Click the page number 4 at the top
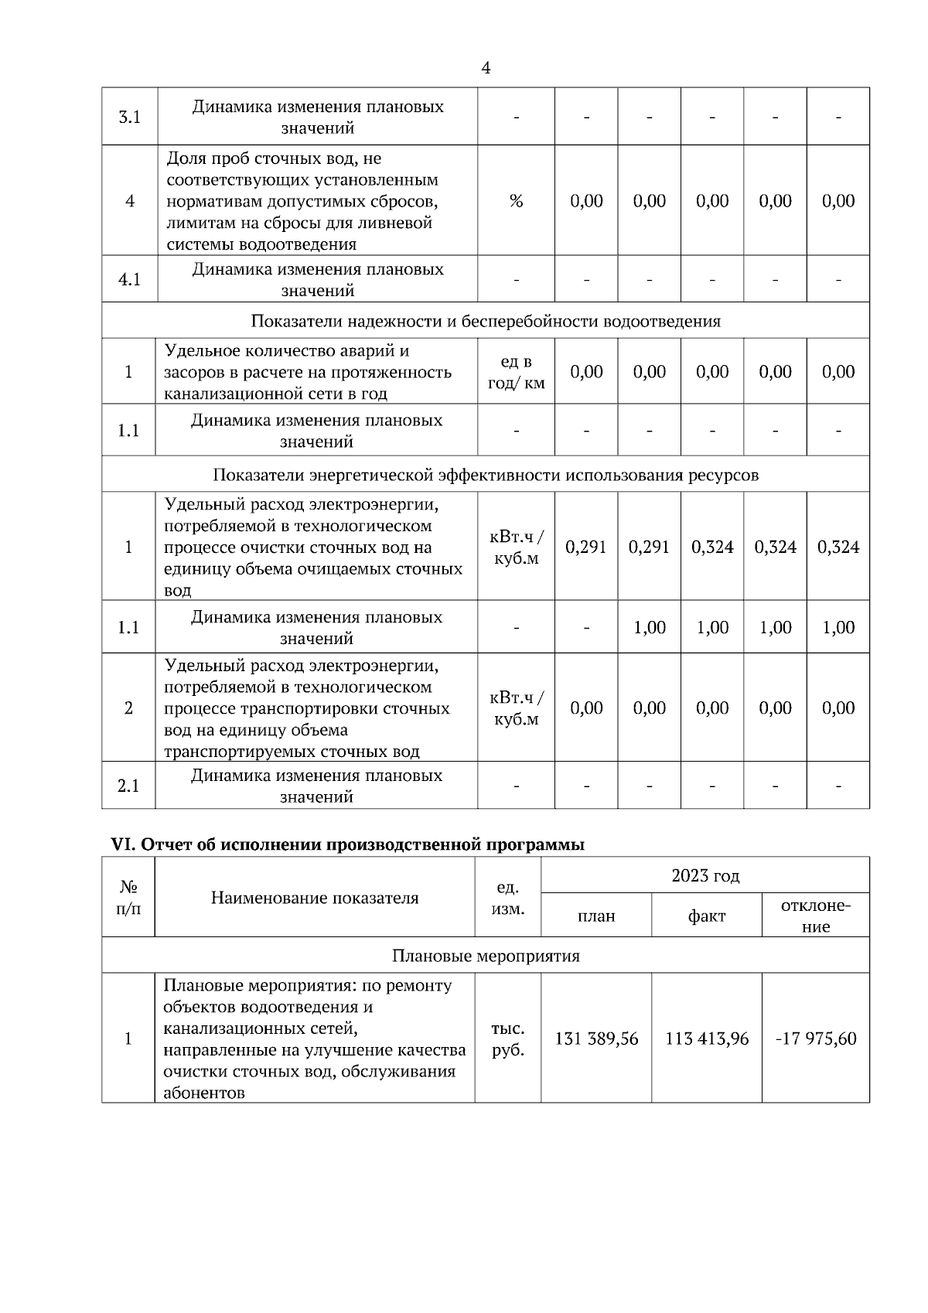pyautogui.click(x=486, y=68)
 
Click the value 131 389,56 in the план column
pyautogui.click(x=596, y=1038)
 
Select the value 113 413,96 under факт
pyautogui.click(x=707, y=1038)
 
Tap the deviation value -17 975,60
pyautogui.click(x=816, y=1038)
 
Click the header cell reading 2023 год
pyautogui.click(x=705, y=875)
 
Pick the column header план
pyautogui.click(x=596, y=916)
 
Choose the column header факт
pyautogui.click(x=707, y=916)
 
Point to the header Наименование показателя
pyautogui.click(x=315, y=898)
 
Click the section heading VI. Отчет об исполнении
pyautogui.click(x=348, y=844)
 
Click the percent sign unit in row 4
pyautogui.click(x=516, y=201)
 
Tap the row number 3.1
pyautogui.click(x=129, y=118)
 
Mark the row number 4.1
pyautogui.click(x=129, y=279)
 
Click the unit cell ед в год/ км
pyautogui.click(x=516, y=372)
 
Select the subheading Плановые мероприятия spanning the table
pyautogui.click(x=486, y=956)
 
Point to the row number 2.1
pyautogui.click(x=128, y=786)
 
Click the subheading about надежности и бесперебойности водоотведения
pyautogui.click(x=486, y=321)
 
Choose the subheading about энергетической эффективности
pyautogui.click(x=486, y=475)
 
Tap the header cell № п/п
pyautogui.click(x=128, y=898)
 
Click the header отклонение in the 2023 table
pyautogui.click(x=816, y=916)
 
